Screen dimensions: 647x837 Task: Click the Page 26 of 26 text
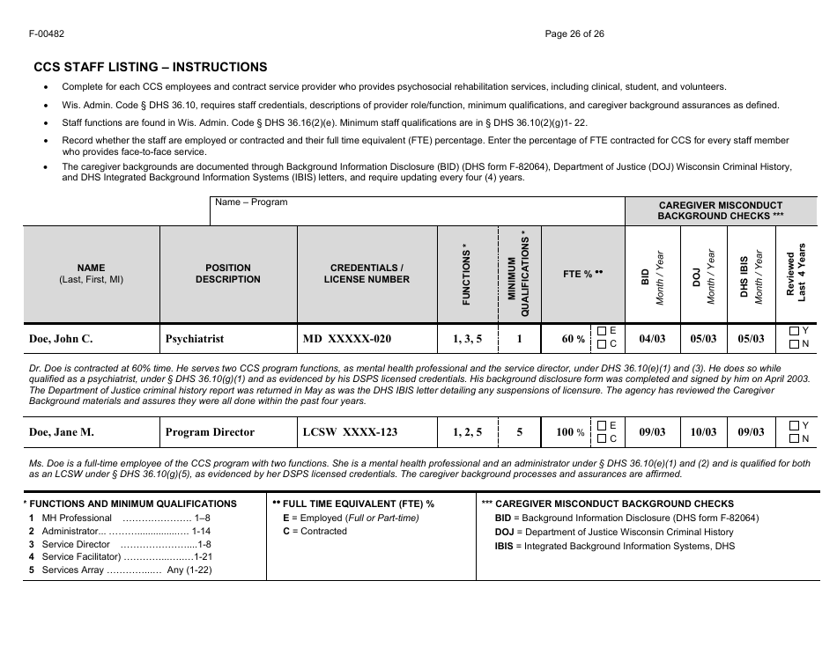tap(574, 34)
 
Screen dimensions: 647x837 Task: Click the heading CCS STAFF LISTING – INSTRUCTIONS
tap(150, 67)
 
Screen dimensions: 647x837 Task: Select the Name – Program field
tap(417, 211)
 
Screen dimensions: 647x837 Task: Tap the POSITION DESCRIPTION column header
tap(228, 274)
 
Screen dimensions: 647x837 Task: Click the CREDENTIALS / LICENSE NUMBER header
tap(367, 274)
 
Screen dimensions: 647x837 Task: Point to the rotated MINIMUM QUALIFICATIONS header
tap(519, 275)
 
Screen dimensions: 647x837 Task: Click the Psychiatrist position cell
tap(195, 338)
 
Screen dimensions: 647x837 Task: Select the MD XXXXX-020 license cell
tap(347, 338)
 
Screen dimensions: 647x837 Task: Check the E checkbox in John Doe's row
tap(601, 331)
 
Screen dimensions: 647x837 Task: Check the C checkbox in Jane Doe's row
tap(601, 438)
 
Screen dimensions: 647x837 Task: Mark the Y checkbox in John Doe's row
tap(794, 331)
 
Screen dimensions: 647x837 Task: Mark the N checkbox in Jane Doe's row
tap(794, 438)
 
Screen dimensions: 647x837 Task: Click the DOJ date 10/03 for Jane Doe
tap(703, 432)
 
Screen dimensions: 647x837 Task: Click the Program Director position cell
tap(210, 432)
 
